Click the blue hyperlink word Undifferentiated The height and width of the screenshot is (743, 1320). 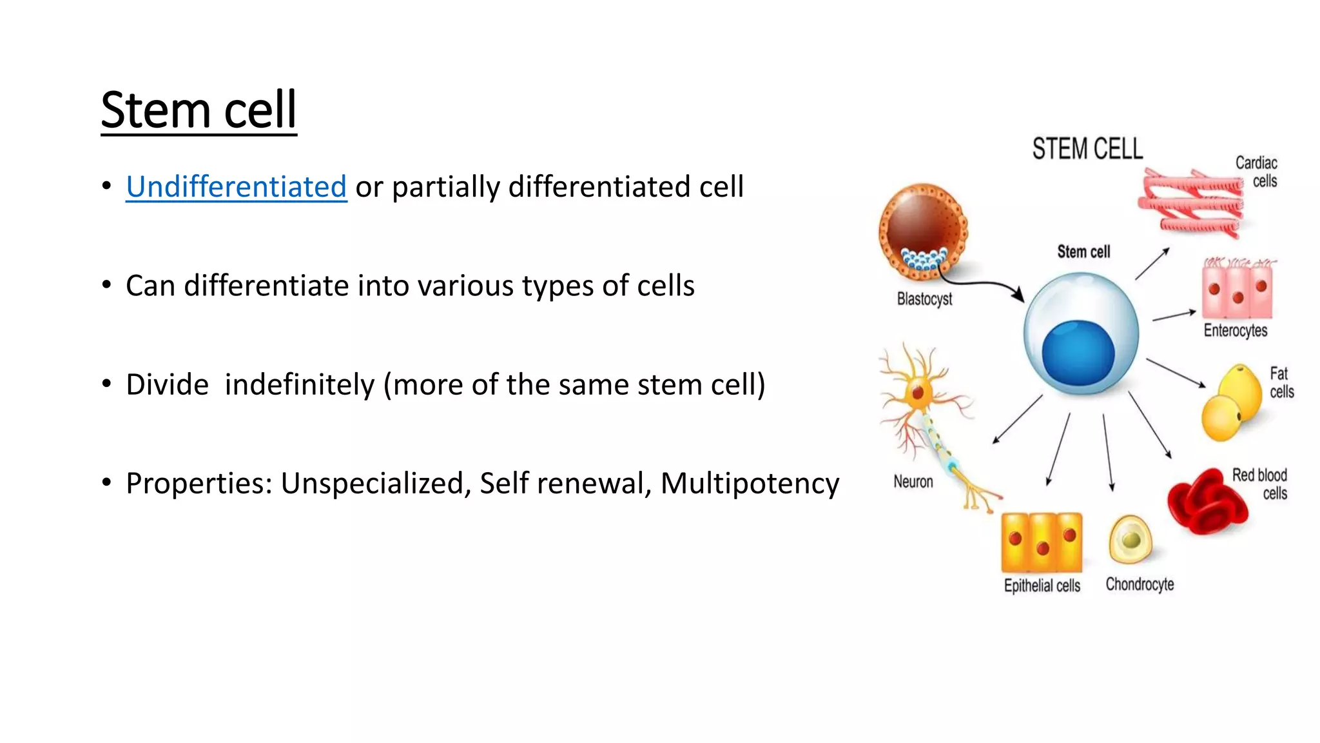pos(236,187)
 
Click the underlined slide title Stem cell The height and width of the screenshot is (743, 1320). pos(199,110)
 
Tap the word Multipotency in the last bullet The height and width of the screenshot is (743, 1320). pos(750,483)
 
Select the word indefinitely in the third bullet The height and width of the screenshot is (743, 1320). pos(299,384)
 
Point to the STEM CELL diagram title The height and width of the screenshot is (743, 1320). pos(1087,149)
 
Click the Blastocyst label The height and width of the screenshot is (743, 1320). pos(924,299)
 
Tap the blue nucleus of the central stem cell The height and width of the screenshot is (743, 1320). pos(1078,353)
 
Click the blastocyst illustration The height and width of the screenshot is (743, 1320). pos(923,231)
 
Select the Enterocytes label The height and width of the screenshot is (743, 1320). pos(1235,330)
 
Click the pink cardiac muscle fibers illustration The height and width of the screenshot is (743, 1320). pos(1192,201)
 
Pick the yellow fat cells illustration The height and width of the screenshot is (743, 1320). pos(1232,403)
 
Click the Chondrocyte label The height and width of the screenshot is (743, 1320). pos(1140,584)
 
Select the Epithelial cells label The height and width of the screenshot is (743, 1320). pos(1042,586)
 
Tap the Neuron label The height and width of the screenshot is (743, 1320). pos(913,482)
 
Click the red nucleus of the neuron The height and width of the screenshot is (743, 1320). pos(918,392)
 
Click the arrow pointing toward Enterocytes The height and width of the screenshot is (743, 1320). pos(1174,315)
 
